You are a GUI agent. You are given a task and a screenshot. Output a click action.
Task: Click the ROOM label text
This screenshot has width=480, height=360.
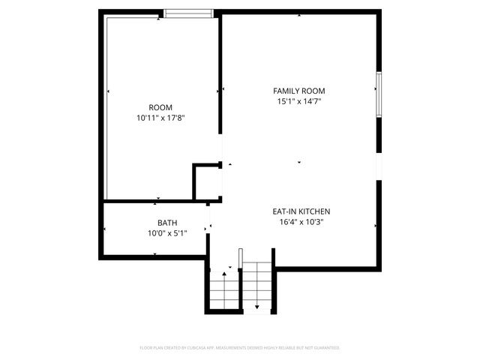click(160, 107)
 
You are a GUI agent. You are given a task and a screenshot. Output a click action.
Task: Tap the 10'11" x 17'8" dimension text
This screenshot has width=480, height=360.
click(160, 118)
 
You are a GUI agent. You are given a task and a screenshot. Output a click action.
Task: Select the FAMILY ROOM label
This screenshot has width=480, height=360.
click(298, 91)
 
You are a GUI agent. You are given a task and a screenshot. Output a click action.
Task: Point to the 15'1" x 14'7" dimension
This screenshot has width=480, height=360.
click(298, 101)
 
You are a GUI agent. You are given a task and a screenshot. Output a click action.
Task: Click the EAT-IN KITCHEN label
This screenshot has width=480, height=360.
click(301, 211)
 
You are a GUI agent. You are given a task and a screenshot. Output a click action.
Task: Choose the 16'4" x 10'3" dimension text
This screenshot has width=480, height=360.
click(301, 222)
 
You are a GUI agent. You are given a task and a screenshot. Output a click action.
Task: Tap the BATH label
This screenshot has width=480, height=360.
click(167, 223)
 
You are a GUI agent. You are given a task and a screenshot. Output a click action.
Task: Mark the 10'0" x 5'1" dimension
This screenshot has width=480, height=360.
click(167, 233)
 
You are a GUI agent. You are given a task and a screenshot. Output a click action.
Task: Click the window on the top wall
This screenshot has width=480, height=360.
click(188, 12)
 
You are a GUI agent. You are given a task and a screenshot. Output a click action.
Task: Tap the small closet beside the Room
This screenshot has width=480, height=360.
click(206, 182)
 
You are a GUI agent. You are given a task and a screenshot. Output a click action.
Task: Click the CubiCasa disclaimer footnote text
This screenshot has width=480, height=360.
click(240, 348)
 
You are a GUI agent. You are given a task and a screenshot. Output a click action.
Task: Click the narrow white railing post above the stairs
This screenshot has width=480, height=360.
click(240, 259)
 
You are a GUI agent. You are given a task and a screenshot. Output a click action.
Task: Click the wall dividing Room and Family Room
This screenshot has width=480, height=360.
click(219, 75)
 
